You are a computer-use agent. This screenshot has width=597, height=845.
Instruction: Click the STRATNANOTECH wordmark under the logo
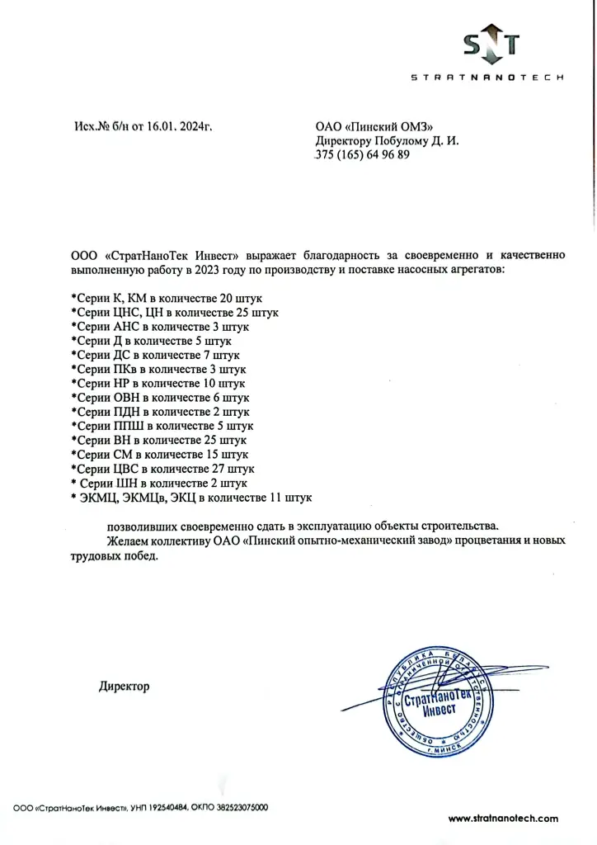[487, 78]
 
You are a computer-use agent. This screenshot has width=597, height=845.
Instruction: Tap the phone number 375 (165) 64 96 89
[362, 155]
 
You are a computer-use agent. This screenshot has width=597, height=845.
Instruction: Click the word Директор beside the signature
[124, 687]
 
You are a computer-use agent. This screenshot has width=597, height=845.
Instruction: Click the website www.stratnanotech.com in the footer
[503, 819]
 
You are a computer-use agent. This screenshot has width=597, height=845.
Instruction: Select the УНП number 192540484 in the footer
[172, 807]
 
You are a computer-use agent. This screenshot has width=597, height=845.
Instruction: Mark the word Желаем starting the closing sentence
[128, 541]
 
